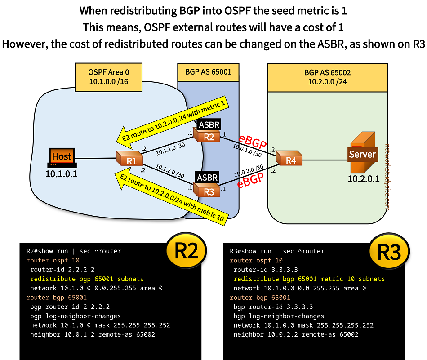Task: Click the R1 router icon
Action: (x=129, y=158)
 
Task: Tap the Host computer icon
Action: (x=62, y=157)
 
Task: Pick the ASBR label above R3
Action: (x=208, y=178)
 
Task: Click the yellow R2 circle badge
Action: (x=186, y=252)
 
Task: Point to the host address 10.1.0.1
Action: (x=61, y=173)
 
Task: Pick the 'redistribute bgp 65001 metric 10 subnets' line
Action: (x=309, y=279)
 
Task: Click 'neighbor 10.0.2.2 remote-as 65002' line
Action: (x=296, y=334)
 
